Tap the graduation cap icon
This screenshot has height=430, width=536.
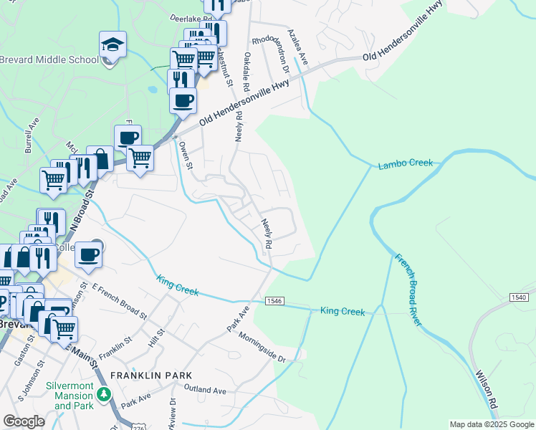pos(113,45)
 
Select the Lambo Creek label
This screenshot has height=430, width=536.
pos(406,164)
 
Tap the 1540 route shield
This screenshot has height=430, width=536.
pos(520,297)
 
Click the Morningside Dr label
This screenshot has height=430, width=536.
pos(262,348)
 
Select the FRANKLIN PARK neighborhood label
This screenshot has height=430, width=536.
pos(151,376)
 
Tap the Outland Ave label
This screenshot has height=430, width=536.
pos(205,391)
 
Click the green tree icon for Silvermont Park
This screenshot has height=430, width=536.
pos(104,394)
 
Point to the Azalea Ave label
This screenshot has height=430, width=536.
pos(297,48)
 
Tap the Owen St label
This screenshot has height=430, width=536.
pos(186,155)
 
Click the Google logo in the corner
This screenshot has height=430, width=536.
pos(24,421)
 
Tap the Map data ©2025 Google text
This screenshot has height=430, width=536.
pos(491,424)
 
